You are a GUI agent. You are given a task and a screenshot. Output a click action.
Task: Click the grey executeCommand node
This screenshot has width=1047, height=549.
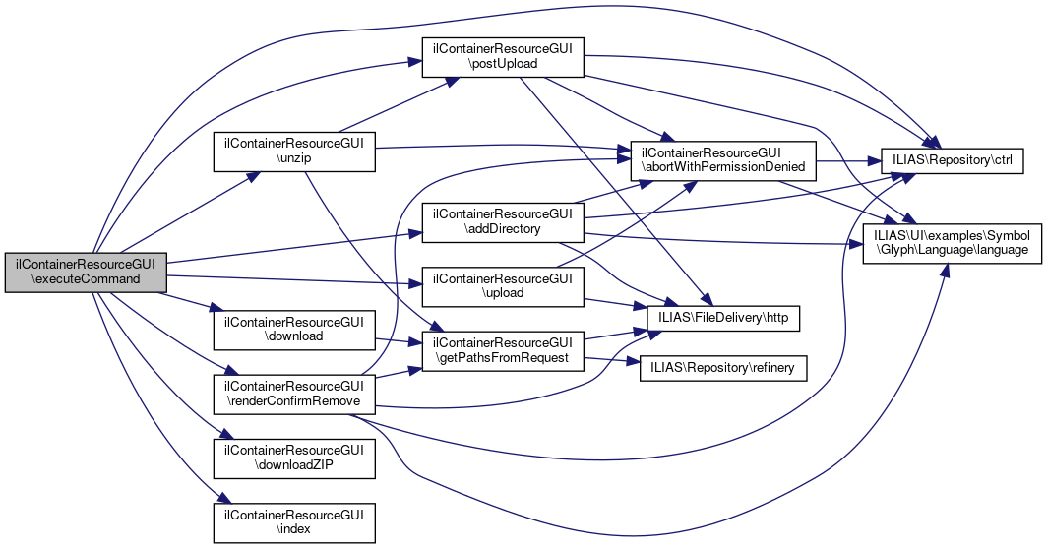tap(86, 272)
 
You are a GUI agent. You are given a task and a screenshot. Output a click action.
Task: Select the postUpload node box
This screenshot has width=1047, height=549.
tap(503, 58)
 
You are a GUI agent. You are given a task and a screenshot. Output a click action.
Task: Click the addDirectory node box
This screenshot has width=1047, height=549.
tap(503, 222)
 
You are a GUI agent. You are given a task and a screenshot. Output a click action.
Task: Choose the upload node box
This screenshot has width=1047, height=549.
tap(503, 286)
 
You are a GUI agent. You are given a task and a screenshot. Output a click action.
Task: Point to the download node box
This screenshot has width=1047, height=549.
tap(295, 329)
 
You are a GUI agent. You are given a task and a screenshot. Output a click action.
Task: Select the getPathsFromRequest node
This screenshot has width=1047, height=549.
tap(503, 350)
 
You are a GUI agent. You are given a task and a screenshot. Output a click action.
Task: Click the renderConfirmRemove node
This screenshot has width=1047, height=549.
tap(295, 394)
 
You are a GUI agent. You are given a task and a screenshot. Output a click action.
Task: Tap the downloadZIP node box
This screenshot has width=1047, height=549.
tap(295, 457)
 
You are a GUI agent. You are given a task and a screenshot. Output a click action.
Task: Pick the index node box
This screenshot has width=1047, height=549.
tap(295, 521)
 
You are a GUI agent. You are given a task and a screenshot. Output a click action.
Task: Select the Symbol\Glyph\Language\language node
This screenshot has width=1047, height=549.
tap(952, 243)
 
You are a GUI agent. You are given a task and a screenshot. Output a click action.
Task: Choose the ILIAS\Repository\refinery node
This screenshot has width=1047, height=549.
tap(723, 368)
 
